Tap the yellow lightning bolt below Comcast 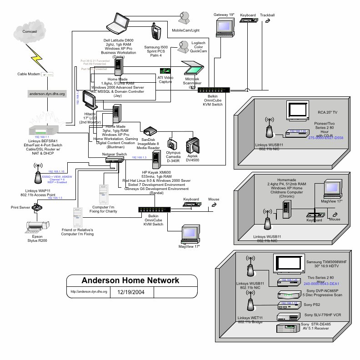[x=35, y=55]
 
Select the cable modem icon [x=47, y=74]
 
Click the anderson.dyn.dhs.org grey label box [x=47, y=94]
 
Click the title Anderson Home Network [x=130, y=280]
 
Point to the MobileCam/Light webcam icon [x=185, y=18]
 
